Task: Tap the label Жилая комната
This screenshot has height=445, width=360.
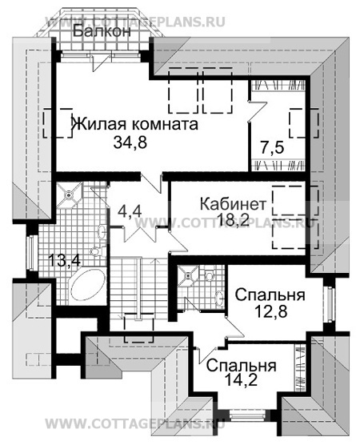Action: [134, 125]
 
